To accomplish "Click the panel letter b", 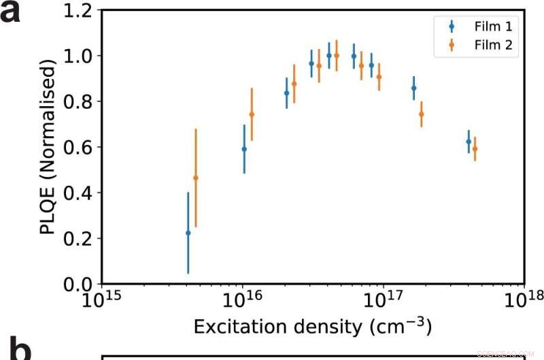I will tap(15, 351).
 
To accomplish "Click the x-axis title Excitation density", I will tap(312, 327).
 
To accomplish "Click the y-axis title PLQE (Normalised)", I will tap(48, 147).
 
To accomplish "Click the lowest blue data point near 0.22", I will tap(188, 233).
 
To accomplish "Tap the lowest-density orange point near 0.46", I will tap(196, 178).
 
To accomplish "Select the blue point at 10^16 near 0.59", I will tap(244, 149).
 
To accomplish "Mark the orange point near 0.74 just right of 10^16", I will tap(252, 114).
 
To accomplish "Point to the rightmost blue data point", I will tap(469, 142).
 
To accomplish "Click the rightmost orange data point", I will tap(475, 149).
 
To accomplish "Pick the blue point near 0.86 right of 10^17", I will tap(413, 88).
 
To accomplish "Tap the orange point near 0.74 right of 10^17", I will tap(421, 114).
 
